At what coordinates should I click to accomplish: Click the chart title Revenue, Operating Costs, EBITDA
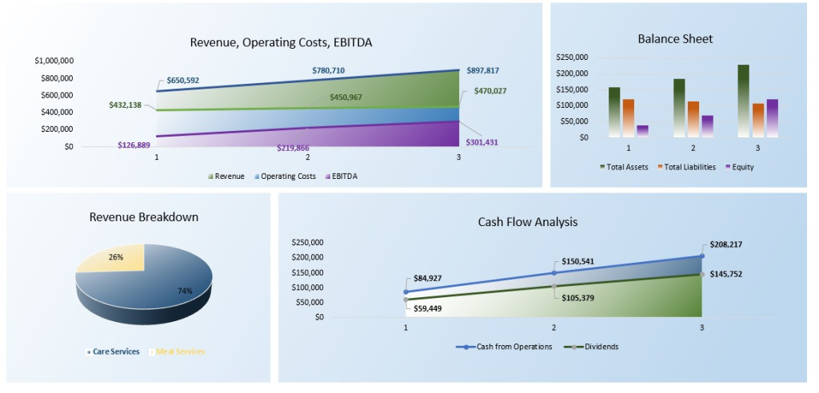(281, 42)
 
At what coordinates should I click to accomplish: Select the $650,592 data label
(183, 81)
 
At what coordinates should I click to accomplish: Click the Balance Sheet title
(675, 39)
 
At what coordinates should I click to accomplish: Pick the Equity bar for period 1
(642, 131)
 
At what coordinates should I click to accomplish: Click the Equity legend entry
(740, 167)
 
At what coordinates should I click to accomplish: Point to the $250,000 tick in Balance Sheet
(571, 58)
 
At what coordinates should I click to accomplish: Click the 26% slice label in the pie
(116, 257)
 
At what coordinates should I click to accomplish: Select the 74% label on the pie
(185, 291)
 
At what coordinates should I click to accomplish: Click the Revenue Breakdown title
(144, 217)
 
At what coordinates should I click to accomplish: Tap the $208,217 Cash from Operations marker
(701, 256)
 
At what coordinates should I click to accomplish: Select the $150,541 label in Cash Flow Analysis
(578, 261)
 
